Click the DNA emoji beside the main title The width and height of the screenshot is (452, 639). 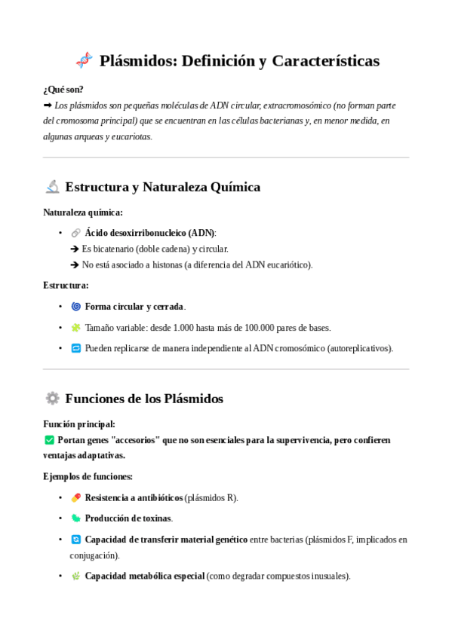click(x=84, y=60)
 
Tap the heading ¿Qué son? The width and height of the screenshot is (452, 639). click(x=63, y=89)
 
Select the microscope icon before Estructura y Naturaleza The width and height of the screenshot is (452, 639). click(x=52, y=186)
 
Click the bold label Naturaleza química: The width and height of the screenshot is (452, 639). click(x=83, y=212)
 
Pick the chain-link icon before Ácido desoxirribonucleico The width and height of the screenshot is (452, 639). click(x=75, y=233)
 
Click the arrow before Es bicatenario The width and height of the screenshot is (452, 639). click(x=75, y=249)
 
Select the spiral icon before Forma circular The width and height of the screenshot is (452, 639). click(x=75, y=307)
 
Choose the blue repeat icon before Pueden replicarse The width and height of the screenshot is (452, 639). click(x=75, y=348)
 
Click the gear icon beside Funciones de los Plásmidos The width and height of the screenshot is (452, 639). click(x=52, y=398)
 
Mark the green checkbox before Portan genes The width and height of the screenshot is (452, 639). click(x=49, y=440)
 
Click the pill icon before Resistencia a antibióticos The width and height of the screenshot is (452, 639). click(x=75, y=497)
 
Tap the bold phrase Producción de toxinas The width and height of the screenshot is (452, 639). click(x=128, y=518)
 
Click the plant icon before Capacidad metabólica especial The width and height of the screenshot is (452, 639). click(x=75, y=576)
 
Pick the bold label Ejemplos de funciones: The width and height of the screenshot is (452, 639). click(x=88, y=476)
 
